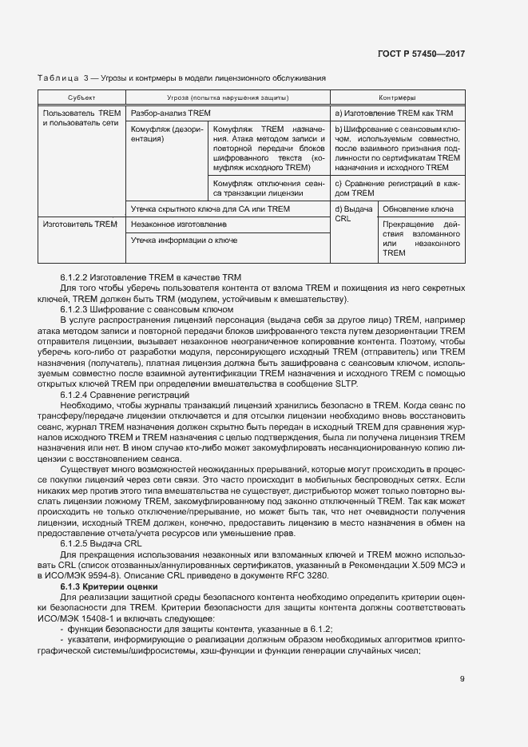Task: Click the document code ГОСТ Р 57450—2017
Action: click(x=420, y=54)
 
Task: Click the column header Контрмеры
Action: click(x=396, y=98)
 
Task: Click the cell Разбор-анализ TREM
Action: click(x=170, y=113)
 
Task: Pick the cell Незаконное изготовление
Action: click(x=174, y=224)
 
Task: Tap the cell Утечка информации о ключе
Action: click(x=183, y=240)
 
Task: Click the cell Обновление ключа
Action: click(x=419, y=209)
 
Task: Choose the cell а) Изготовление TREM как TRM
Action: click(x=394, y=113)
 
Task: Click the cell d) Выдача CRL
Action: click(x=353, y=213)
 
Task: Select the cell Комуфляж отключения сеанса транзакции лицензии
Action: click(x=268, y=187)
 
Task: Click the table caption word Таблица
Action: click(x=57, y=77)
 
